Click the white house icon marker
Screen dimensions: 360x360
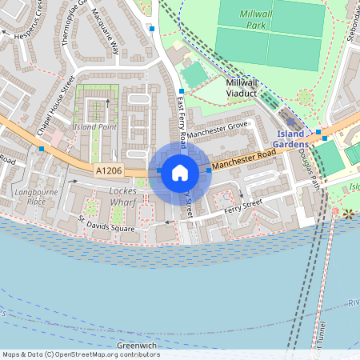tap(180, 172)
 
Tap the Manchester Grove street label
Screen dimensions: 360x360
tap(219, 127)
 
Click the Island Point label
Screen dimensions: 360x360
tap(94, 127)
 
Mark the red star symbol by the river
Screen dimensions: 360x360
tap(348, 214)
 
